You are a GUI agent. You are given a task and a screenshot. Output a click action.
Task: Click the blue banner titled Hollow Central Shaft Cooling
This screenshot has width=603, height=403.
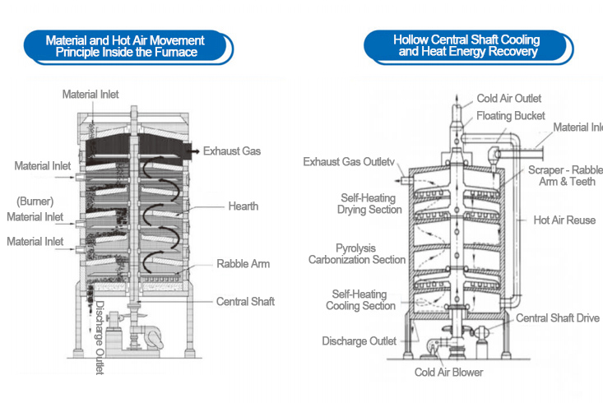466,45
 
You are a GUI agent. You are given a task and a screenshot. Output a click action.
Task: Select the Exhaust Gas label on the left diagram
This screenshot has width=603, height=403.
233,151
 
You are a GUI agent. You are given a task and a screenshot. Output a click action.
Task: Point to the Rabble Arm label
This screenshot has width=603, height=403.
243,264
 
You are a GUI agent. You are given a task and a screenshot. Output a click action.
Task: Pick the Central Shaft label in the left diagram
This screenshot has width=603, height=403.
245,302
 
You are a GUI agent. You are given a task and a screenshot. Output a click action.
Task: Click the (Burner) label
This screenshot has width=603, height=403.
34,200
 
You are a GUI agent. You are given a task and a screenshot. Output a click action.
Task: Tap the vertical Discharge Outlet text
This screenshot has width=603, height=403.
100,338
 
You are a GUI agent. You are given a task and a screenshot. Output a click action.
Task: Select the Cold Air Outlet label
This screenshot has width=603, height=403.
508,99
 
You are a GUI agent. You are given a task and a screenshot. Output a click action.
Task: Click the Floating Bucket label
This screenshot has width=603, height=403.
510,115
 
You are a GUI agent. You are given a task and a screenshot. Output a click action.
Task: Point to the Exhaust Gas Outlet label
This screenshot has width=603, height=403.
350,161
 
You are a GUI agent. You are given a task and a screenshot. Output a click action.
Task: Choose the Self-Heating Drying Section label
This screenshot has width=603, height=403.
368,204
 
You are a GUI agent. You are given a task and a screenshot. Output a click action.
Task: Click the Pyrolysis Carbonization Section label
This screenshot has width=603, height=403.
357,253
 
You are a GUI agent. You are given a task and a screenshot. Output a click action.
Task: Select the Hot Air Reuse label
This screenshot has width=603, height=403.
564,220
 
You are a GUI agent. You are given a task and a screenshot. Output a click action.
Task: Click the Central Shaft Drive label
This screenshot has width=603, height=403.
558,318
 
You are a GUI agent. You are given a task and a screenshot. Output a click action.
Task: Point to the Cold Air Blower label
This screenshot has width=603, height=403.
448,372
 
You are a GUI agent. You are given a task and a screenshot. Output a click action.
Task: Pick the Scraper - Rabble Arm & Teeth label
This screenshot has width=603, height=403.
567,175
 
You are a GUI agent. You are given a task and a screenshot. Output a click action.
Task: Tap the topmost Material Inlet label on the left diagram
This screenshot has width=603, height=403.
90,95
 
